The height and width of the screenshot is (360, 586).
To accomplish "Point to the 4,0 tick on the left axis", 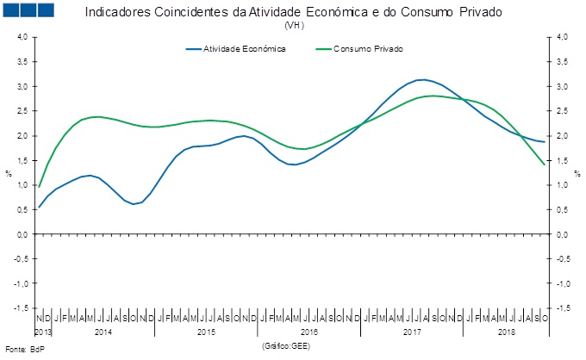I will (x=22, y=37).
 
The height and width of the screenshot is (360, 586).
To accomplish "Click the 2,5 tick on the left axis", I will (x=22, y=111).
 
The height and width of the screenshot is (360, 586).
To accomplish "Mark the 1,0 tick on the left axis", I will (x=22, y=185).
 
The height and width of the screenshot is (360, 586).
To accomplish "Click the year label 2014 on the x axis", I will (x=102, y=332).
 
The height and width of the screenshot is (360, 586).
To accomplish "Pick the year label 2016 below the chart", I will (x=309, y=332).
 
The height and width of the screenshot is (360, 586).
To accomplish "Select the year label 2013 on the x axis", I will (x=44, y=332).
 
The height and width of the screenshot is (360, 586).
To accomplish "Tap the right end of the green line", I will (x=545, y=164).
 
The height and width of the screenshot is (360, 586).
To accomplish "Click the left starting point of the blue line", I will (x=39, y=208).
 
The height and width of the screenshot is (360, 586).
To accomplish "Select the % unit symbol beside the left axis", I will (x=9, y=173).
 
